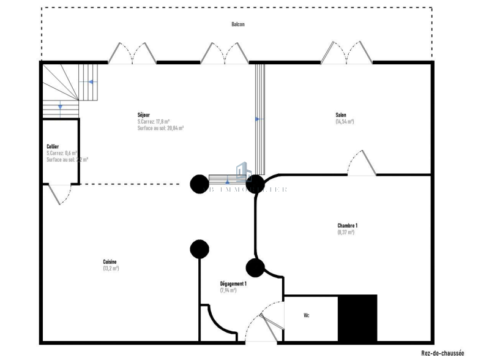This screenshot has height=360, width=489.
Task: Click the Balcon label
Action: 238,24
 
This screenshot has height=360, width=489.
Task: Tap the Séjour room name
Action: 144,114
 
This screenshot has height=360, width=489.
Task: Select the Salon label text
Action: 341,115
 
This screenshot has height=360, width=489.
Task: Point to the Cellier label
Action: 53,146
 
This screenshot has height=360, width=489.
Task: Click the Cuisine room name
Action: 110,261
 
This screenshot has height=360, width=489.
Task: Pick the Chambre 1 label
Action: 348,225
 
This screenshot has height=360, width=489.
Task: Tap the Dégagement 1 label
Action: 233,283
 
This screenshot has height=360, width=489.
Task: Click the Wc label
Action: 307,316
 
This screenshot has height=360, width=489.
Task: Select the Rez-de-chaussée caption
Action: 442,353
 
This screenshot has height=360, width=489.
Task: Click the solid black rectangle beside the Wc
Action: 357,318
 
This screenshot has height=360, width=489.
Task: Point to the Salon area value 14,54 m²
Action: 345,122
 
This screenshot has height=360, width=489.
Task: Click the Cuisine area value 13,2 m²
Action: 111,268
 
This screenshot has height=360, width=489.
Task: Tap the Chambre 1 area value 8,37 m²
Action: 346,232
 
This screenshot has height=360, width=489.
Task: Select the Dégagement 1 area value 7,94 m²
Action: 228,290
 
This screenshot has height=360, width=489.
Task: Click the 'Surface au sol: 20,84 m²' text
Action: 161,128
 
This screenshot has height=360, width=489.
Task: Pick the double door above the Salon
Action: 346,53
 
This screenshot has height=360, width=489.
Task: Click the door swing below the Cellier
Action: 59,194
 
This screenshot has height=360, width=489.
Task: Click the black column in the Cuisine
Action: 199,249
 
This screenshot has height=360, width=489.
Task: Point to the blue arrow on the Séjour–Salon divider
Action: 258,119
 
